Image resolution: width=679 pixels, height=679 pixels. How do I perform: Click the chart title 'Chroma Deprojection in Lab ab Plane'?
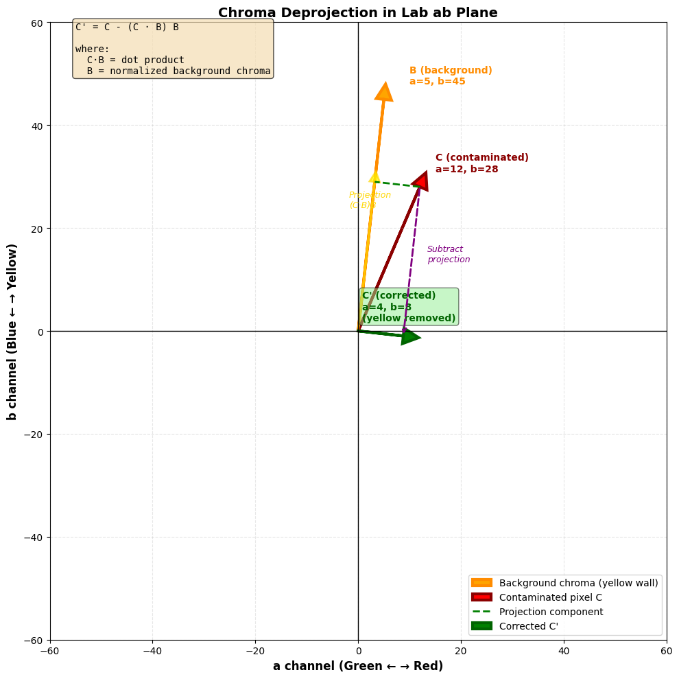pyautogui.click(x=357, y=12)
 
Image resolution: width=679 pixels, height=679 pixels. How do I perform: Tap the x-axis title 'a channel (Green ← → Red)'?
pyautogui.click(x=357, y=666)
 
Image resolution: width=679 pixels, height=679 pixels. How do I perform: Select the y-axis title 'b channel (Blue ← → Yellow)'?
pyautogui.click(x=12, y=332)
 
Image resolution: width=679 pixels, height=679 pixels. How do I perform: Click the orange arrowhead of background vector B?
pyautogui.click(x=384, y=93)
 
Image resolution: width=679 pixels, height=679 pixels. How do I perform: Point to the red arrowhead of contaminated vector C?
pyautogui.click(x=420, y=181)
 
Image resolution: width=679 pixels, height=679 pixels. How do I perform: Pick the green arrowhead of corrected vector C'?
pyautogui.click(x=409, y=336)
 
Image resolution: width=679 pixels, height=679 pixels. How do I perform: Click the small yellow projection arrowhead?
pyautogui.click(x=374, y=176)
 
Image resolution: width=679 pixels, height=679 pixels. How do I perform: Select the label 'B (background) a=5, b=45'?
pyautogui.click(x=451, y=76)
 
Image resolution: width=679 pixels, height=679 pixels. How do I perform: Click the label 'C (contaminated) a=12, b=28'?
pyautogui.click(x=481, y=163)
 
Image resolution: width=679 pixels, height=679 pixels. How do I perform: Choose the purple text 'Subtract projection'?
pyautogui.click(x=449, y=254)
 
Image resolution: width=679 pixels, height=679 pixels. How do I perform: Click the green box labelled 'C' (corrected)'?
pyautogui.click(x=409, y=307)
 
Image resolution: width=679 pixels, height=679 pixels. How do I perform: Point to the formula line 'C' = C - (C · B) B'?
pyautogui.click(x=127, y=27)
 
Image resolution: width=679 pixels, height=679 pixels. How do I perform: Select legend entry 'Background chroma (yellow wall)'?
pyautogui.click(x=578, y=583)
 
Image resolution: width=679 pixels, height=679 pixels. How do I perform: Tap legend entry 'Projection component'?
pyautogui.click(x=551, y=612)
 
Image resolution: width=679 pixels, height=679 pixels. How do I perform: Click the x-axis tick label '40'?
pyautogui.click(x=564, y=649)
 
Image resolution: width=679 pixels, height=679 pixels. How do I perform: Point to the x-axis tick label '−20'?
pyautogui.click(x=255, y=649)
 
